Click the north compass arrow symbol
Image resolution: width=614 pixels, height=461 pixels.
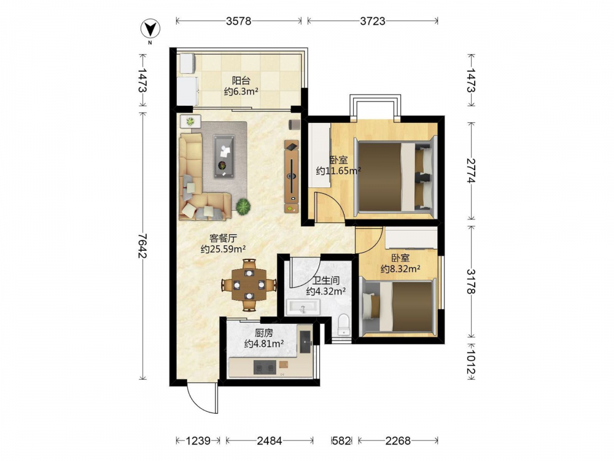coord(150,29)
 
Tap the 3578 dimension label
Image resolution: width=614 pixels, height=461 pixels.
coord(238,21)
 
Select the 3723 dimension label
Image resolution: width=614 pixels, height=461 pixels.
coord(373,21)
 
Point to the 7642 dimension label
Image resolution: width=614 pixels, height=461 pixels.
coord(142,246)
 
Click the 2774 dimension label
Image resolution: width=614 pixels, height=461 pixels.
coord(471,170)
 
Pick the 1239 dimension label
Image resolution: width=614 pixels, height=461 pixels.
coord(198,441)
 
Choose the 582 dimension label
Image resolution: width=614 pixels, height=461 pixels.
coord(341,441)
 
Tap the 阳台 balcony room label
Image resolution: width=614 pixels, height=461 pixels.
coord(241,81)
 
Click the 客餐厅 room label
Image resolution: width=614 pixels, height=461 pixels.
coord(223,238)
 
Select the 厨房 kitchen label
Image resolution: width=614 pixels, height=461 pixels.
coord(264,333)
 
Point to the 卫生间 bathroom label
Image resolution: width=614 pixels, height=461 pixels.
coord(326,281)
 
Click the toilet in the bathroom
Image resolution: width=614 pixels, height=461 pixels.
coord(343,325)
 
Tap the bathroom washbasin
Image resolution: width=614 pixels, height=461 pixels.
coord(303,307)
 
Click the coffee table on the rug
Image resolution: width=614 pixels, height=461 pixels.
coord(224,156)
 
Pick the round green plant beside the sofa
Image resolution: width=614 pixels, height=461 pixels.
coord(243,206)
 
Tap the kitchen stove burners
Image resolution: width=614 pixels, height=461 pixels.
coord(264,368)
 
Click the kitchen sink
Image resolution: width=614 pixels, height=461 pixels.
coord(305,342)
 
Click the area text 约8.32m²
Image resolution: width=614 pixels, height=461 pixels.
coord(400,269)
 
